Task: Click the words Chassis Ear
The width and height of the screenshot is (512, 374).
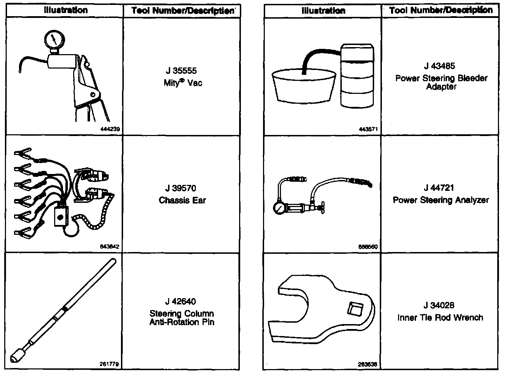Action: [182, 201]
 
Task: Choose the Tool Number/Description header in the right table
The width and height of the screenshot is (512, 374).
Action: [441, 10]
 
